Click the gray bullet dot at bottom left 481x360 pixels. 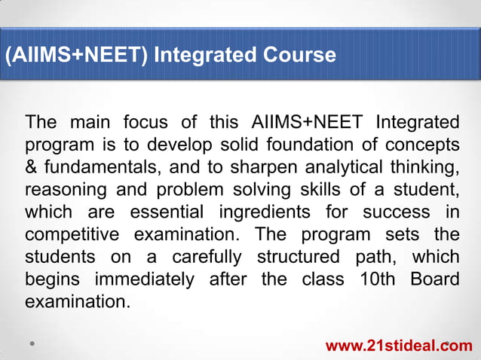tap(33, 343)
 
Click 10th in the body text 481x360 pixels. tap(371, 280)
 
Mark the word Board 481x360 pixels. tap(434, 280)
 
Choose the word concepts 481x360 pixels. tap(425, 143)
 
